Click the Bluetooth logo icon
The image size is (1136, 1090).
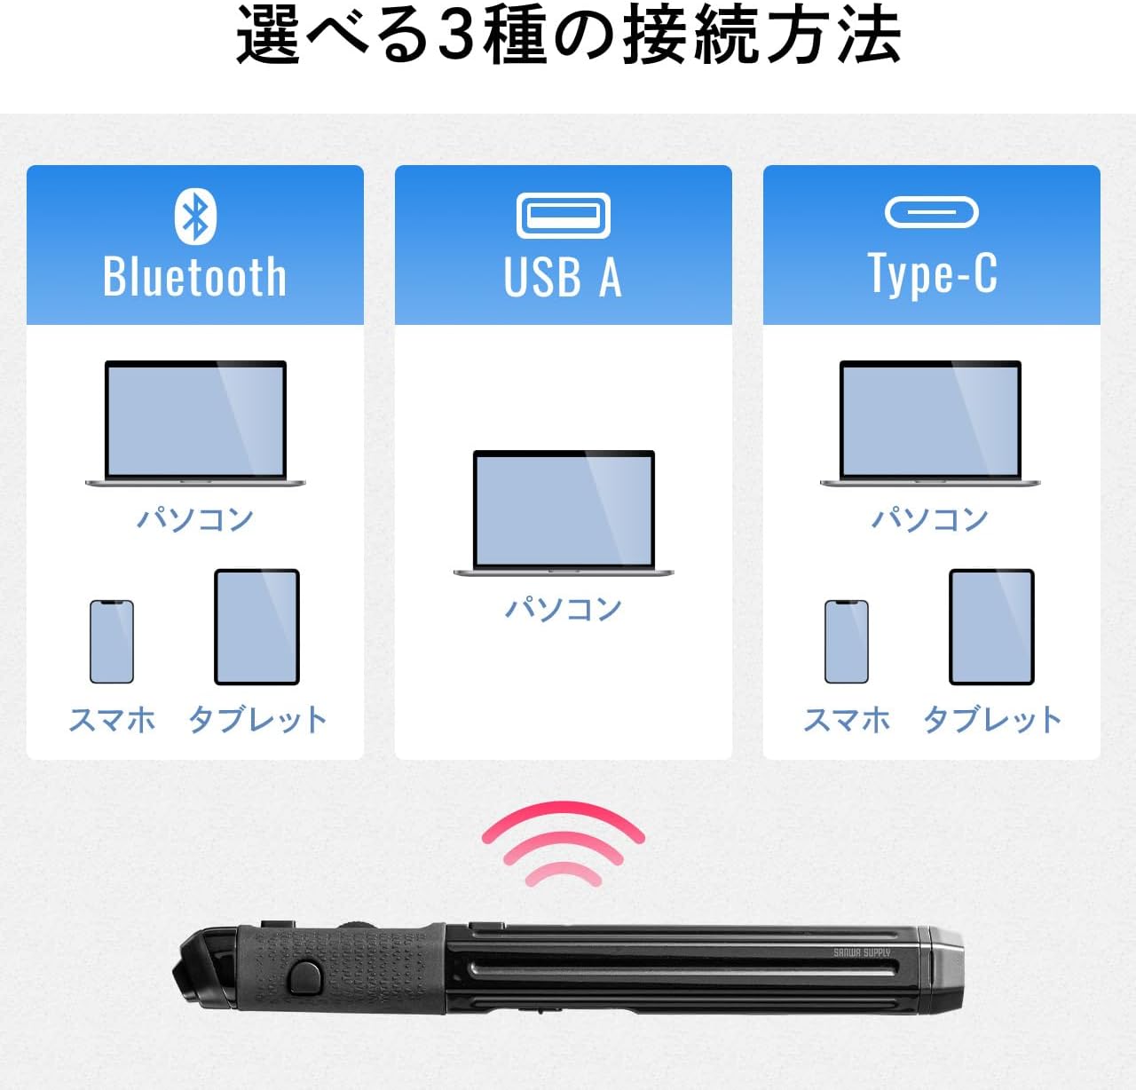195,216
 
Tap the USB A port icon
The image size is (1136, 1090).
564,216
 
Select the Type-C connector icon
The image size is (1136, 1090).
931,212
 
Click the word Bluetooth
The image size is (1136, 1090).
195,277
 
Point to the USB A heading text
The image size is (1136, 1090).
563,277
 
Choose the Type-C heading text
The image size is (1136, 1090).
932,273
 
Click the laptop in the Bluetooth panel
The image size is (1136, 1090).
195,423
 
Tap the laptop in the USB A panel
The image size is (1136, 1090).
564,513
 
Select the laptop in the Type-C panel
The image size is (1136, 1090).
930,423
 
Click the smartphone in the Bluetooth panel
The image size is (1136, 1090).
112,642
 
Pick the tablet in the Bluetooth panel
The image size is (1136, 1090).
256,627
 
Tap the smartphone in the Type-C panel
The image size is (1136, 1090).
847,642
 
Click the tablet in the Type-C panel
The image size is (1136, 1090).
992,627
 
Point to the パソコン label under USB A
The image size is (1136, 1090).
564,608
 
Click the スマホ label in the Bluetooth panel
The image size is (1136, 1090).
112,719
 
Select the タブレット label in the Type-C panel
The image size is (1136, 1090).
992,719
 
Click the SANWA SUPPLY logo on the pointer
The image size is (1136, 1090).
862,952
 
